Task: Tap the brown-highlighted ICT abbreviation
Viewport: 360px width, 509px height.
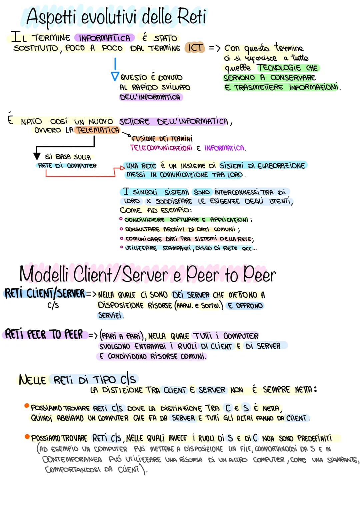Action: [195, 48]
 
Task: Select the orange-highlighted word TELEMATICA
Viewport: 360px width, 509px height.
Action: [97, 130]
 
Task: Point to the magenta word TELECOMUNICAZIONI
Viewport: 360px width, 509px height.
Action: [161, 148]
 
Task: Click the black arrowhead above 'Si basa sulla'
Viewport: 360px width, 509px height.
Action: [37, 156]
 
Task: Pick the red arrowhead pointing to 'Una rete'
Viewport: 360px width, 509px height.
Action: [122, 168]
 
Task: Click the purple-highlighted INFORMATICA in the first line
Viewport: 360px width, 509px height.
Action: [105, 38]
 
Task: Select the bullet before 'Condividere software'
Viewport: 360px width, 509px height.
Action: [121, 219]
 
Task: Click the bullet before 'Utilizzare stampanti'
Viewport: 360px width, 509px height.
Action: [122, 247]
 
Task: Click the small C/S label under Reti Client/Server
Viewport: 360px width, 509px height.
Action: [53, 305]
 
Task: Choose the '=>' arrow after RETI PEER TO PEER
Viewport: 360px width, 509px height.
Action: [93, 335]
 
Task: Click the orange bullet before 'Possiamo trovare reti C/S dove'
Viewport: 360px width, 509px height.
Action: [27, 406]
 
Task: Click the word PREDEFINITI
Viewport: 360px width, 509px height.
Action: [314, 438]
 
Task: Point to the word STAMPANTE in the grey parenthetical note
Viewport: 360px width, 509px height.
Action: [343, 460]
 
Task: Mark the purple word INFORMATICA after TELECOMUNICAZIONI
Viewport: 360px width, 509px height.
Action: [224, 148]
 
